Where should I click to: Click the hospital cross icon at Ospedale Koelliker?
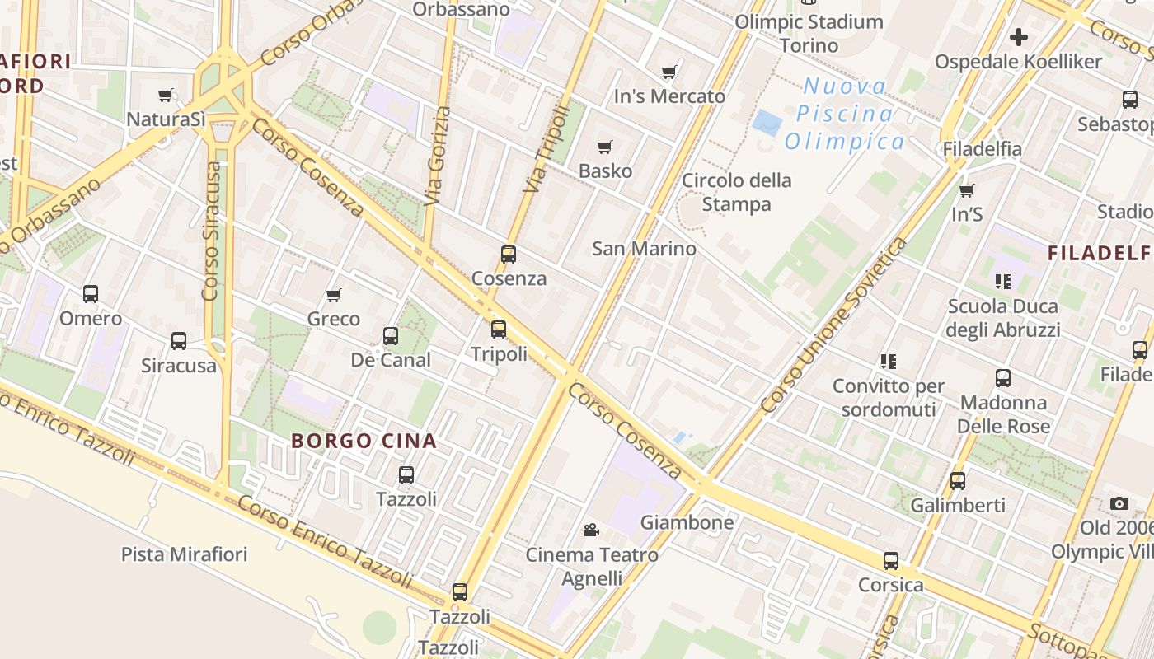tap(1019, 37)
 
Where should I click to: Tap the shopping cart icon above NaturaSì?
tap(166, 96)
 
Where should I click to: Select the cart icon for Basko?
tap(605, 147)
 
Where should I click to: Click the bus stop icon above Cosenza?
tap(509, 255)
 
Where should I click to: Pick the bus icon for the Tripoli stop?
tap(499, 329)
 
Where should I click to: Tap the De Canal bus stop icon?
tap(391, 336)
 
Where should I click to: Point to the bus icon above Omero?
tap(91, 294)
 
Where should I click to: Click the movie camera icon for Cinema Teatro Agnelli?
tap(591, 530)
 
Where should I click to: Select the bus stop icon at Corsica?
tap(891, 561)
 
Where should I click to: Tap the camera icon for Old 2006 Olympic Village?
tap(1119, 503)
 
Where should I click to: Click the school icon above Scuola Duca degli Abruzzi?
tap(1003, 282)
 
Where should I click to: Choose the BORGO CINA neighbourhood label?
tap(364, 441)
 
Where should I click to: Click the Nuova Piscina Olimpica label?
tap(845, 114)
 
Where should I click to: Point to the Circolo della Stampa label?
tap(737, 192)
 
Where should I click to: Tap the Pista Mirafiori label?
tap(184, 554)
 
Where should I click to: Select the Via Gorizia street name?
tap(437, 157)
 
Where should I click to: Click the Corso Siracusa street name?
tap(213, 231)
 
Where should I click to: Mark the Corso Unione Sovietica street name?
tap(833, 325)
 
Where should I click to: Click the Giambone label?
tap(687, 522)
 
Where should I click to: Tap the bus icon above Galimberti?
tap(958, 481)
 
